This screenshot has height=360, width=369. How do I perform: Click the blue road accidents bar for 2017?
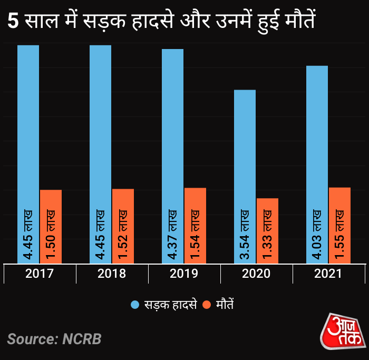28,132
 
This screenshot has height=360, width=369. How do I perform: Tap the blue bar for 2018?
100,132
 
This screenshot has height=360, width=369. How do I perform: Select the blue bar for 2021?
317,142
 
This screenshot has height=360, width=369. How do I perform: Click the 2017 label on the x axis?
40,274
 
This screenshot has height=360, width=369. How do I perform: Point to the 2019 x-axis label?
184,274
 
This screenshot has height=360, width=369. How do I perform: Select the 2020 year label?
256,274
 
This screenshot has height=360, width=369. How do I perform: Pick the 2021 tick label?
328,274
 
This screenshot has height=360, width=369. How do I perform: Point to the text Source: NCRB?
54,338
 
